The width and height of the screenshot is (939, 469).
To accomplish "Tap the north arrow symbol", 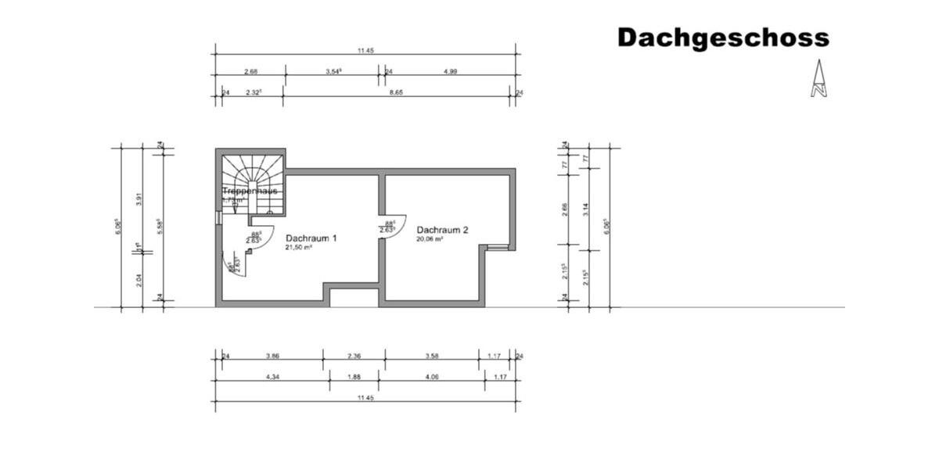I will click(x=818, y=79).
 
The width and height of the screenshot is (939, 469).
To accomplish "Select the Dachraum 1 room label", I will click(x=311, y=238).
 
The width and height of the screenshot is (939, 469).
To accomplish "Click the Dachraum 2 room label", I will click(x=442, y=230).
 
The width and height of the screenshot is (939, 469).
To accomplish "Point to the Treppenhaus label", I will click(x=250, y=191).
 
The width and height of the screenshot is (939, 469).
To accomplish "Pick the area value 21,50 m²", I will click(x=299, y=247).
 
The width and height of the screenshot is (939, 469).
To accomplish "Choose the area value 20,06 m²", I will click(x=430, y=239).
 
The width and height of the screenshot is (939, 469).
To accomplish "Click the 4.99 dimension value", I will click(x=450, y=71).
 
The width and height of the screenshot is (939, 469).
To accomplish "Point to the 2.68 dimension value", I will click(x=250, y=71).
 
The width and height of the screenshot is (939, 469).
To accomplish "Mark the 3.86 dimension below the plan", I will click(x=272, y=356).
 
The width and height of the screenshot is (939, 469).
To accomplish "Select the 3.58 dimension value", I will click(x=431, y=356).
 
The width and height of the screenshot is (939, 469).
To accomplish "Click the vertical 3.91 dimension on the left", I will click(x=139, y=199).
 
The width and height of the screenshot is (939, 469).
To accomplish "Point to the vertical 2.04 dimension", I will click(x=139, y=279).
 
